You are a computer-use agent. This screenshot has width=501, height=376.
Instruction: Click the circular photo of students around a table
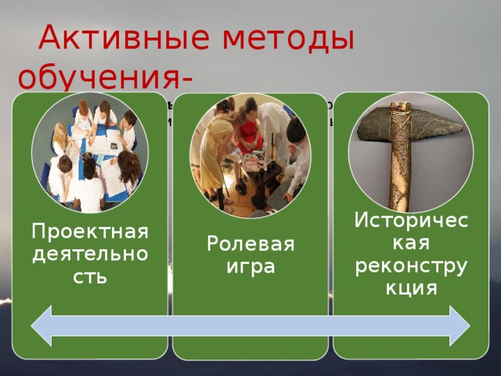(x=89, y=153)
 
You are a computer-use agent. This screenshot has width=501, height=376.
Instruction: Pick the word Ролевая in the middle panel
(x=250, y=245)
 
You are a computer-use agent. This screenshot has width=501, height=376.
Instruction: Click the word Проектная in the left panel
(x=90, y=232)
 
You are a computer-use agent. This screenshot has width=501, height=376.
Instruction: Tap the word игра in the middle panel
(x=250, y=267)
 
